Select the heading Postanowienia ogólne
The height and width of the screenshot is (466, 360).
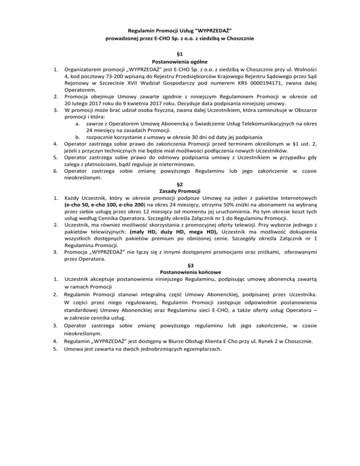[x=180, y=61]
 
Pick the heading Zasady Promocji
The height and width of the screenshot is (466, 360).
[x=180, y=191]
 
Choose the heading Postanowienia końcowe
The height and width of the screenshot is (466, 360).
[x=180, y=272]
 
